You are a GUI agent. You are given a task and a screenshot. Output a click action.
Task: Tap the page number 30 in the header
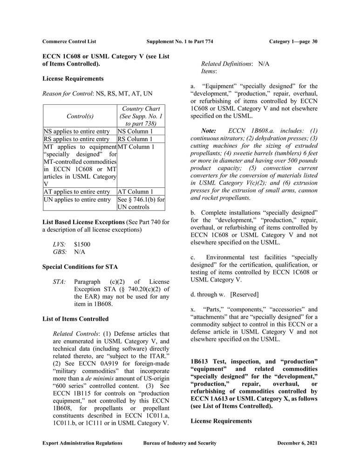click(314, 41)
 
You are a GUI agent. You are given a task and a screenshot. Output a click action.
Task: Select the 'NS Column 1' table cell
click(135, 131)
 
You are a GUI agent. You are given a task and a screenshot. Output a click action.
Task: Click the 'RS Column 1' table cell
click(135, 139)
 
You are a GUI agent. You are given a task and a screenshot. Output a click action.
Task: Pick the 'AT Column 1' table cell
click(135, 192)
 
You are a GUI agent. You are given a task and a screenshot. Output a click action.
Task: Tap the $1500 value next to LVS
click(82, 244)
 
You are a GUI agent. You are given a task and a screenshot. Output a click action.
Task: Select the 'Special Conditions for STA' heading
click(80, 267)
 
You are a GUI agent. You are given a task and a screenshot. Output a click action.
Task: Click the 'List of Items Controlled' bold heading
click(75, 319)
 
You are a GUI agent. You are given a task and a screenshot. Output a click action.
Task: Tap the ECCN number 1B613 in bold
click(200, 362)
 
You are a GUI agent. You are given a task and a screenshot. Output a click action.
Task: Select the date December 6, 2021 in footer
click(297, 443)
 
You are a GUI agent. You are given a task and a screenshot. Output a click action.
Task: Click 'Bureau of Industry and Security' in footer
click(179, 443)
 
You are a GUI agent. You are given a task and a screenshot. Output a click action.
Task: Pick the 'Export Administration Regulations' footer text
click(82, 443)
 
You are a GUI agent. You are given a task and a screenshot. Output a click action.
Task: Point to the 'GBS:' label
click(61, 252)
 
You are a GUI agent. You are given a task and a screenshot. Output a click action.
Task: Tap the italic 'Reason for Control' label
click(68, 94)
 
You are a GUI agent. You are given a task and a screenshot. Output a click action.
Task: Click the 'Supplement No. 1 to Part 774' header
click(179, 41)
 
